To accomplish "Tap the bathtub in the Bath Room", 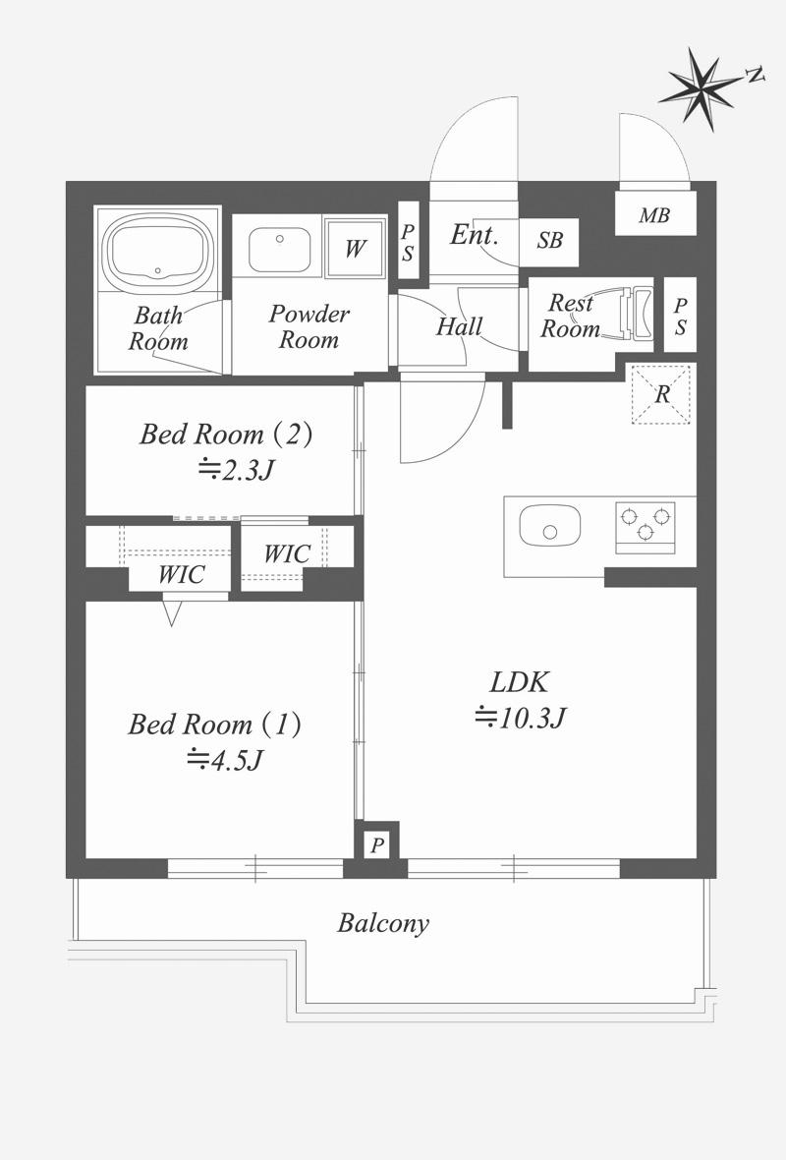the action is pyautogui.click(x=157, y=249).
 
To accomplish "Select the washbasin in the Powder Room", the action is pyautogui.click(x=279, y=250).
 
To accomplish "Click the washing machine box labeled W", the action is pyautogui.click(x=356, y=248).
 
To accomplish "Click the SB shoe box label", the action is pyautogui.click(x=550, y=241).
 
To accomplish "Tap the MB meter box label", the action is pyautogui.click(x=654, y=215).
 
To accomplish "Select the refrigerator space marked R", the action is pyautogui.click(x=661, y=394).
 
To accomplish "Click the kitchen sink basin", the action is pyautogui.click(x=549, y=526).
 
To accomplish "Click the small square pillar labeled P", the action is pyautogui.click(x=377, y=844).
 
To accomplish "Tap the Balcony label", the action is pyautogui.click(x=383, y=923).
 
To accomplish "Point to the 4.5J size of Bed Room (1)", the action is pyautogui.click(x=225, y=759).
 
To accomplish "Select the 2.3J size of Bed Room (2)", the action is pyautogui.click(x=237, y=469).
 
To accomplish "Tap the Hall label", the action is pyautogui.click(x=459, y=326).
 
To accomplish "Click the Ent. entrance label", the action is pyautogui.click(x=474, y=235).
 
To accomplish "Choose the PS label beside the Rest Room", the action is pyautogui.click(x=680, y=316).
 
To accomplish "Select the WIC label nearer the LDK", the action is pyautogui.click(x=287, y=553).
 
